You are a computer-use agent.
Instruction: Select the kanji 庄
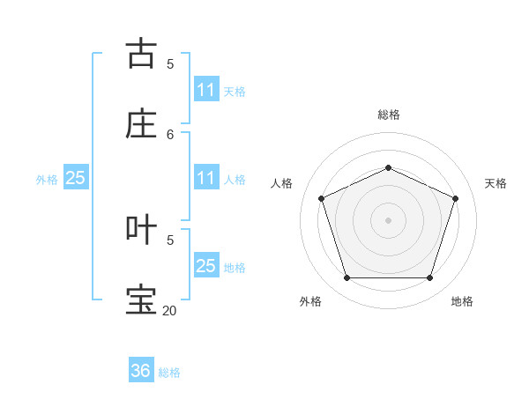pyautogui.click(x=141, y=123)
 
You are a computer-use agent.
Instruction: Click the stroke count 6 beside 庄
pyautogui.click(x=170, y=134)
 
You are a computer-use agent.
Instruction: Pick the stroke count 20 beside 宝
pyautogui.click(x=169, y=310)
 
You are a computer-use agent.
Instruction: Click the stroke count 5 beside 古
pyautogui.click(x=170, y=63)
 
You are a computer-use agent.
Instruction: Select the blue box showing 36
pyautogui.click(x=141, y=371)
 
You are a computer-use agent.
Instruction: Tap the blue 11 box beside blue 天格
pyautogui.click(x=206, y=90)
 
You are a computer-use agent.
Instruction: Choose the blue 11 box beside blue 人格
pyautogui.click(x=206, y=178)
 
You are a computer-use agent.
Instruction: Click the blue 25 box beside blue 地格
pyautogui.click(x=206, y=266)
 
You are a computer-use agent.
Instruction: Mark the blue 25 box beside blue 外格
pyautogui.click(x=76, y=178)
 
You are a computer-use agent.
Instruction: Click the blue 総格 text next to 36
pyautogui.click(x=169, y=373)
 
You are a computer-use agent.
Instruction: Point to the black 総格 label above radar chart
pyautogui.click(x=388, y=115)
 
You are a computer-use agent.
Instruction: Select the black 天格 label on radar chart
pyautogui.click(x=495, y=183)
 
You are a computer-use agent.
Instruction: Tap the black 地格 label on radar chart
pyautogui.click(x=462, y=302)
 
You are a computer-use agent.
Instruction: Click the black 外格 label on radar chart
pyautogui.click(x=310, y=302)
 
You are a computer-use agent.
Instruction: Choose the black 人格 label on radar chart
pyautogui.click(x=282, y=183)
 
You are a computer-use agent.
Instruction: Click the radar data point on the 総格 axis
pyautogui.click(x=388, y=167)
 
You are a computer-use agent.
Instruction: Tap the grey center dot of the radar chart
pyautogui.click(x=388, y=219)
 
